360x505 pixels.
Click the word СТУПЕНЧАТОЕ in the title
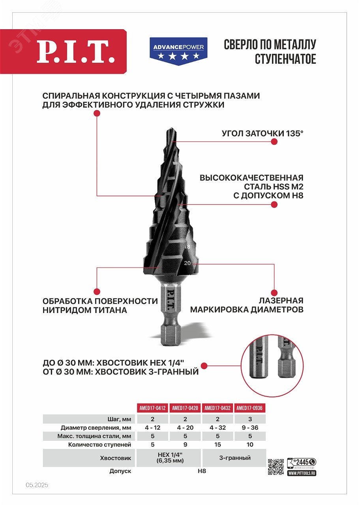(285, 59)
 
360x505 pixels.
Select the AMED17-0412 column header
(152, 408)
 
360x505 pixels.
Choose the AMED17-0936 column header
(250, 408)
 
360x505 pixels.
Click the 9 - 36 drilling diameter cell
(250, 427)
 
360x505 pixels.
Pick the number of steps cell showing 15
(218, 444)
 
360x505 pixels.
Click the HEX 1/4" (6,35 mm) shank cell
(169, 458)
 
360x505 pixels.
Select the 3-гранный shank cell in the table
(234, 458)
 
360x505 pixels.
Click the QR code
(276, 467)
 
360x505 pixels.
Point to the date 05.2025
(37, 485)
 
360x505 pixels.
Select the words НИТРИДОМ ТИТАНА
(85, 310)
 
